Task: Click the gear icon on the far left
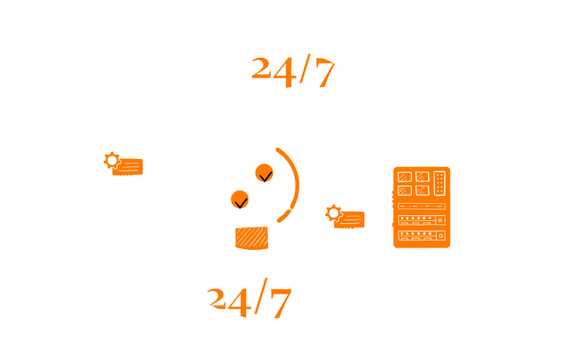pyautogui.click(x=112, y=161)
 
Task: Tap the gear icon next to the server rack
pyautogui.click(x=333, y=213)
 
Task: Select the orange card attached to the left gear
pyautogui.click(x=129, y=167)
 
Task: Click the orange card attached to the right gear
pyautogui.click(x=351, y=220)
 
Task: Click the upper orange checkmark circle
pyautogui.click(x=264, y=173)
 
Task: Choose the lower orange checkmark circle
pyautogui.click(x=240, y=199)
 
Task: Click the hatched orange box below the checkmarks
pyautogui.click(x=251, y=238)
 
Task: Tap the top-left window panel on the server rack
pyautogui.click(x=405, y=177)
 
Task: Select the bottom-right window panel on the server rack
pyautogui.click(x=422, y=190)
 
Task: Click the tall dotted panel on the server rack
pyautogui.click(x=439, y=183)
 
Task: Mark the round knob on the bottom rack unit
pyautogui.click(x=440, y=235)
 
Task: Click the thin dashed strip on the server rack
pyautogui.click(x=421, y=206)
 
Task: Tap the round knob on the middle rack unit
pyautogui.click(x=440, y=220)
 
